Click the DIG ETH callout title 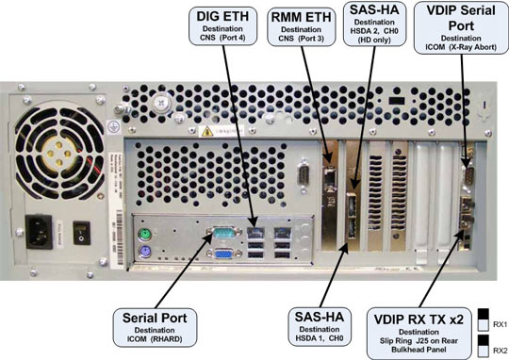tap(222, 16)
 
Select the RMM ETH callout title tap(301, 17)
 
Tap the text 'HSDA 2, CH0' tap(374, 31)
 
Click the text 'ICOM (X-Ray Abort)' tap(461, 47)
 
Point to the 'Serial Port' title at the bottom tap(155, 318)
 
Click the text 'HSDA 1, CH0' tap(320, 338)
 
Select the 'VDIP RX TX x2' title tap(419, 319)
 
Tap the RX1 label tap(500, 324)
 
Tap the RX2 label tap(500, 351)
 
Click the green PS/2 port tap(145, 234)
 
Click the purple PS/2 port tap(145, 252)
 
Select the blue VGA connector tap(223, 254)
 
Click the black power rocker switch tap(81, 233)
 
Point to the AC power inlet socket tap(39, 232)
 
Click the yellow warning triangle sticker tap(207, 132)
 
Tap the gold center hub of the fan tap(58, 154)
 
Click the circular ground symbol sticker tap(113, 127)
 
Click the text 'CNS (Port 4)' tap(222, 38)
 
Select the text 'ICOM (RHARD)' tap(155, 339)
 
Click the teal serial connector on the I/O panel tap(224, 232)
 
